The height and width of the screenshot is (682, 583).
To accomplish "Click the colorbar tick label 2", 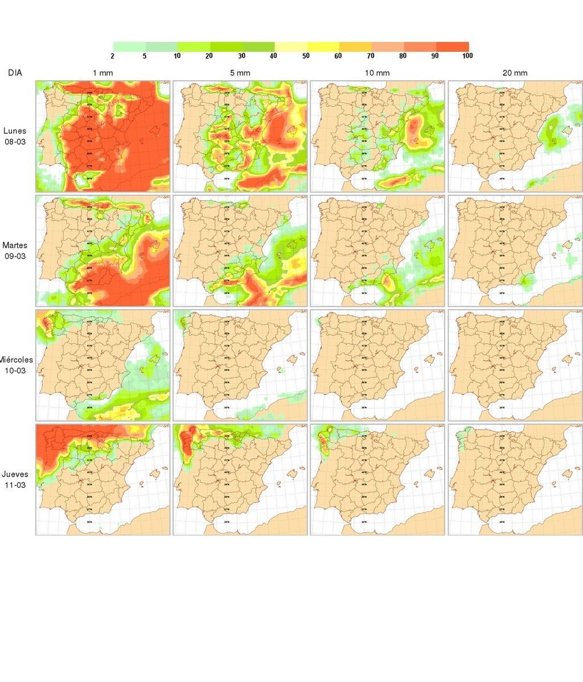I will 113,56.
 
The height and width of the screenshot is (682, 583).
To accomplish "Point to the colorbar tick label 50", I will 306,56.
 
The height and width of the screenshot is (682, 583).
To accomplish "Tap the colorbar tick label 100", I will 467,56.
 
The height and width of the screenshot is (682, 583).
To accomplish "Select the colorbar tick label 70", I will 371,56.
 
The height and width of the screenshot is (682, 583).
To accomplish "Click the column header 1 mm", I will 103,73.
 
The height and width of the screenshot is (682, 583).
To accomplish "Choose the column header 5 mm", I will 240,73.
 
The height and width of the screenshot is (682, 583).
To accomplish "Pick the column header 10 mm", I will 377,73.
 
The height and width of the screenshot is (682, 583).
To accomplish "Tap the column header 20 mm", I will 515,73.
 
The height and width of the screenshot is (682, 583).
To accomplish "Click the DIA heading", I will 15,73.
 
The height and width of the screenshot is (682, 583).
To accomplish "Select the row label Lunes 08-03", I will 15,136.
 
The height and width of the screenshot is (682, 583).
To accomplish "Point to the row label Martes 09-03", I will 15,250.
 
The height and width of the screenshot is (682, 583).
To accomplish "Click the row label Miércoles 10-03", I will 16,365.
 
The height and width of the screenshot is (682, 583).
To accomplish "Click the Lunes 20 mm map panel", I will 515,136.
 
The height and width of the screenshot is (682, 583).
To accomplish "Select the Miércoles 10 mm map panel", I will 377,365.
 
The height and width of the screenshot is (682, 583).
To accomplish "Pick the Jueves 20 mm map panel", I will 515,479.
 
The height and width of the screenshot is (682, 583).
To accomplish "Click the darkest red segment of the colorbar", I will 453,47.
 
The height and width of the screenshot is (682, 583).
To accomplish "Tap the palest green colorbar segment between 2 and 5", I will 129,47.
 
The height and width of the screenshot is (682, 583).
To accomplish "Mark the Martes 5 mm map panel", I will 240,250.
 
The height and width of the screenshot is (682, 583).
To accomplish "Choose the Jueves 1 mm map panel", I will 103,479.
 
